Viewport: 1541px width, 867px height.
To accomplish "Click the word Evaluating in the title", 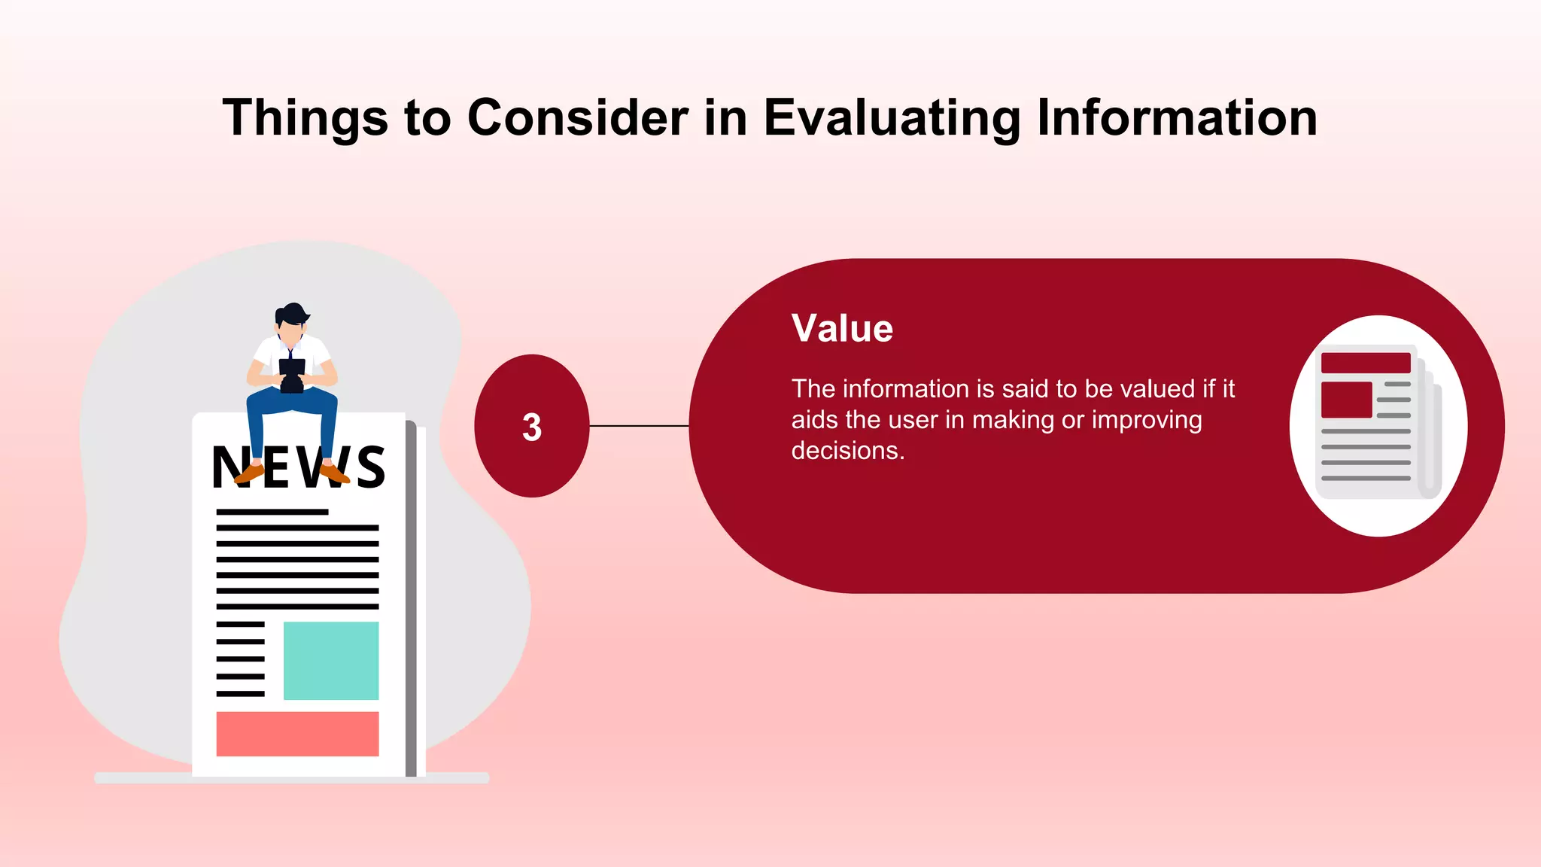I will pyautogui.click(x=892, y=118).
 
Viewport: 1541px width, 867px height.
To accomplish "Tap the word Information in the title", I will pyautogui.click(x=1177, y=118).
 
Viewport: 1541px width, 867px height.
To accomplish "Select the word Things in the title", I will pyautogui.click(x=305, y=118).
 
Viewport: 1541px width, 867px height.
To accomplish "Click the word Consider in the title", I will pyautogui.click(x=577, y=118).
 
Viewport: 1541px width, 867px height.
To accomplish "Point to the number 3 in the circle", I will pyautogui.click(x=532, y=427).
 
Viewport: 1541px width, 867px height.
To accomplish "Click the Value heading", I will pyautogui.click(x=842, y=329).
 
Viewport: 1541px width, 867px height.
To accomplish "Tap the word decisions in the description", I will pyautogui.click(x=847, y=451).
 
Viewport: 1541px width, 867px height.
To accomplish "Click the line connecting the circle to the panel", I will pyautogui.click(x=639, y=426).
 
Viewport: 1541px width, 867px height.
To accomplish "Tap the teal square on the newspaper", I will pyautogui.click(x=331, y=660).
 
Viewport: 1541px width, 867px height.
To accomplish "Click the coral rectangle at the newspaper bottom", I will pyautogui.click(x=297, y=734).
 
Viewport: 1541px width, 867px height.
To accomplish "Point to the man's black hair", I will pyautogui.click(x=292, y=313).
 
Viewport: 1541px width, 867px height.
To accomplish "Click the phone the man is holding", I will pyautogui.click(x=292, y=374).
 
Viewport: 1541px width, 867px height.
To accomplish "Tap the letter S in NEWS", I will pyautogui.click(x=371, y=467).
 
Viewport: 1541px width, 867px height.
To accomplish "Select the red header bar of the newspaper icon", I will pyautogui.click(x=1366, y=363).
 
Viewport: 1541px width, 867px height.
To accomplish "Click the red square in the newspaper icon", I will pyautogui.click(x=1346, y=400).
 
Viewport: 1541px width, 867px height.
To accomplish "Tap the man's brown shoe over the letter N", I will pyautogui.click(x=249, y=473).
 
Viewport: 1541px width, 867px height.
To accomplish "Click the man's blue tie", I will pyautogui.click(x=290, y=354).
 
